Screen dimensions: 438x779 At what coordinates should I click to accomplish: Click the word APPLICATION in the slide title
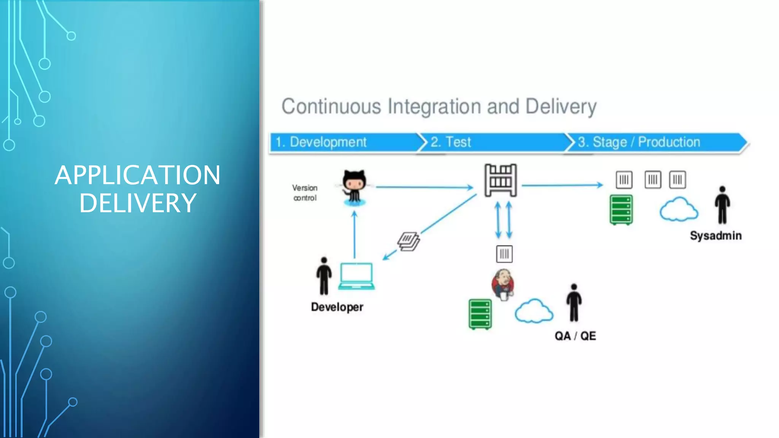tap(137, 175)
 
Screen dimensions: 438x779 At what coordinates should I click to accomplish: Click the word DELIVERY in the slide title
tap(138, 203)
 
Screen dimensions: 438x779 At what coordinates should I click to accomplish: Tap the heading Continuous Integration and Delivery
tap(439, 106)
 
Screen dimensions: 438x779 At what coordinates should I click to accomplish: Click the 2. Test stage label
tap(451, 142)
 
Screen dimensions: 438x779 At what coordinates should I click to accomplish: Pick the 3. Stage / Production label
tap(639, 142)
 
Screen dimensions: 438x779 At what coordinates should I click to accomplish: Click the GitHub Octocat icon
tap(354, 187)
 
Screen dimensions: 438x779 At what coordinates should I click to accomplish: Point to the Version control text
tap(305, 193)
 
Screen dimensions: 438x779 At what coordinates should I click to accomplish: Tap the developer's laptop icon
tap(356, 276)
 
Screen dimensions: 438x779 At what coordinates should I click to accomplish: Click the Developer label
tap(337, 307)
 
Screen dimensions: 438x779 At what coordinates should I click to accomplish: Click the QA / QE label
tap(575, 336)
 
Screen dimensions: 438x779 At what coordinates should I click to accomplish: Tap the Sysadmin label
tap(715, 236)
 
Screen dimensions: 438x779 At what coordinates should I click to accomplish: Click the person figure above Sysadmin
tap(722, 205)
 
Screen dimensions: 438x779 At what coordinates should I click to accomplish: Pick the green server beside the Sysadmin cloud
tap(621, 210)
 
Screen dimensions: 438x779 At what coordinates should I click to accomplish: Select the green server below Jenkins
tap(480, 314)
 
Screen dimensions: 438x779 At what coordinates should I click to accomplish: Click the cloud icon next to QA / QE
tap(534, 311)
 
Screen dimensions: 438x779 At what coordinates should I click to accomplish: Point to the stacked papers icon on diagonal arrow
tap(409, 241)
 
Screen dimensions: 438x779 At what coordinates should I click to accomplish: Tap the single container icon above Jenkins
tap(504, 254)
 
